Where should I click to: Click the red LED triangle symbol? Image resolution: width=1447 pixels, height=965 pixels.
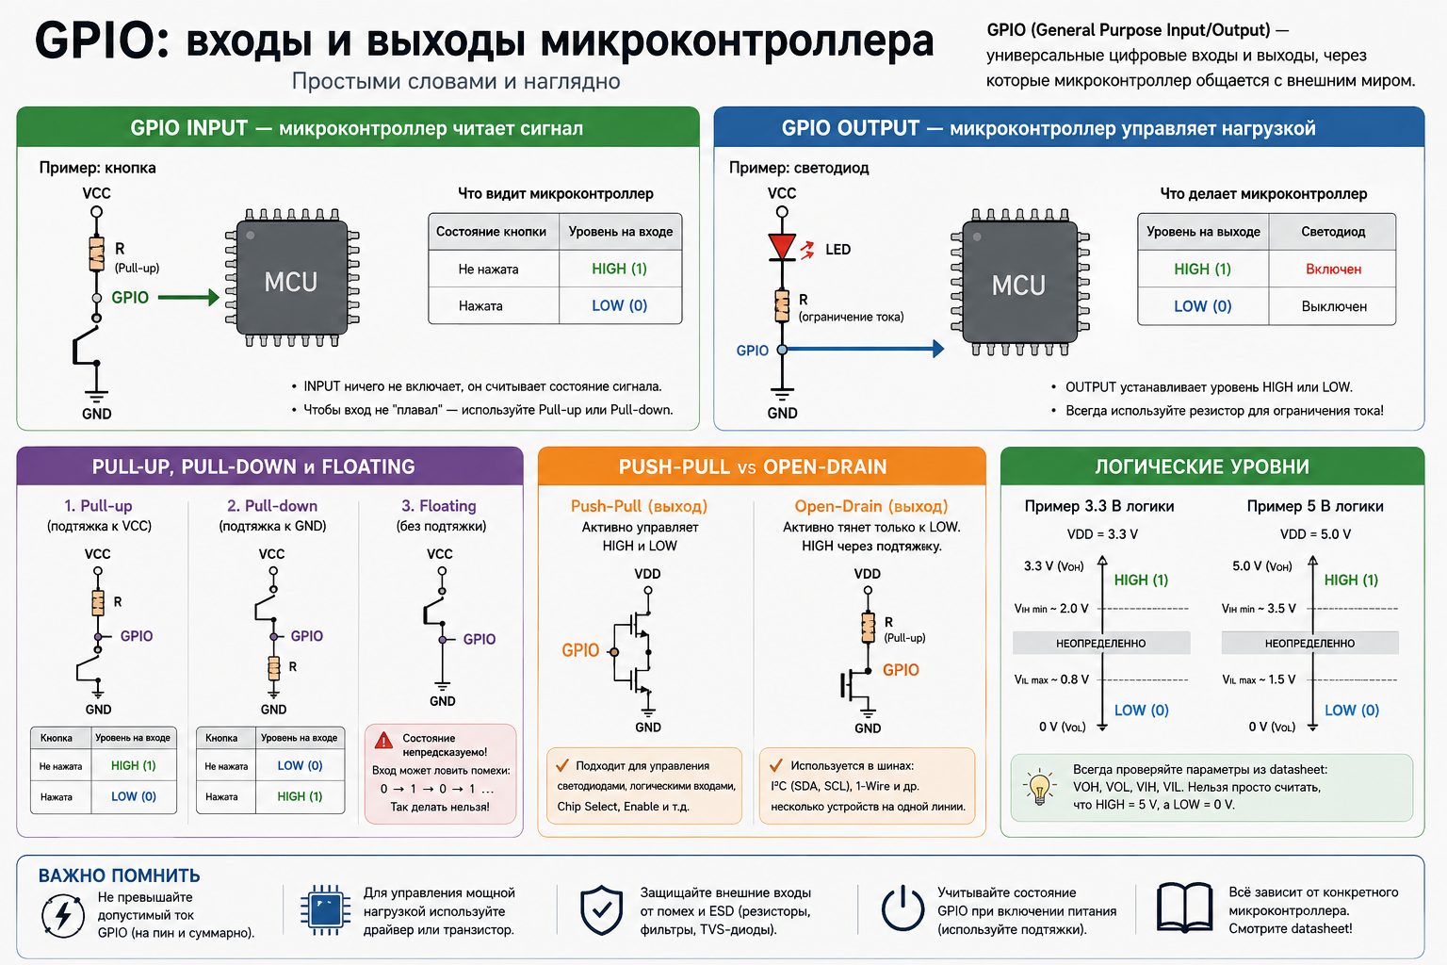(x=782, y=247)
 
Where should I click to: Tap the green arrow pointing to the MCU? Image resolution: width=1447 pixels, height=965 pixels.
(x=188, y=297)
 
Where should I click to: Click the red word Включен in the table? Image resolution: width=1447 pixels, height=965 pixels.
(x=1333, y=269)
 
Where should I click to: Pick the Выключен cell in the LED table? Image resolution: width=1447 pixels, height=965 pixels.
(x=1334, y=306)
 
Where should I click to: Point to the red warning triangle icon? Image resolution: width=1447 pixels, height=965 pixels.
(x=383, y=740)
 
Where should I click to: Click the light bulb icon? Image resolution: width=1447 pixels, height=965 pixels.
(x=1039, y=787)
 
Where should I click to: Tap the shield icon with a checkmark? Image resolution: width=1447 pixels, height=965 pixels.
(x=601, y=910)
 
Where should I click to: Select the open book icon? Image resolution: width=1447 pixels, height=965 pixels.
(x=1184, y=908)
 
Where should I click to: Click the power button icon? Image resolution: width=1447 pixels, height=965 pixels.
(x=902, y=908)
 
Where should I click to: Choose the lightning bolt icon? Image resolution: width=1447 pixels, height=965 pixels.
(x=63, y=915)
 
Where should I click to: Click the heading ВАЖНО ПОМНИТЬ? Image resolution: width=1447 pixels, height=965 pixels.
(x=119, y=875)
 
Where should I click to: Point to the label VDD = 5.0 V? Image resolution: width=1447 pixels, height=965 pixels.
(x=1315, y=534)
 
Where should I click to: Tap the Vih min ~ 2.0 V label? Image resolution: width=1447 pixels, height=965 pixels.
(x=1051, y=608)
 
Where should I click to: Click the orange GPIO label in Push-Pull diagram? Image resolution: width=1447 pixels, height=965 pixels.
(x=580, y=650)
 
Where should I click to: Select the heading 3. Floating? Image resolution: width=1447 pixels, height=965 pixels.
(x=439, y=505)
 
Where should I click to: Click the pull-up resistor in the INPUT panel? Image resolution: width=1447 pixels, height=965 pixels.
(x=96, y=254)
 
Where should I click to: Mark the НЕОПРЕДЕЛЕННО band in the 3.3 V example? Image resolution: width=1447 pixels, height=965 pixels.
(x=1101, y=643)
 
